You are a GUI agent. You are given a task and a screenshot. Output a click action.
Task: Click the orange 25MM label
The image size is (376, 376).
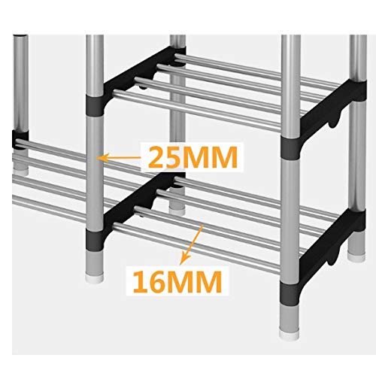click(193, 158)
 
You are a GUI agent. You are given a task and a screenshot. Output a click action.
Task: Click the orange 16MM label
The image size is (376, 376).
click(177, 282)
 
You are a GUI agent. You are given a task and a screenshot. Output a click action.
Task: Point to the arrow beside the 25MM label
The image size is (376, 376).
click(119, 158)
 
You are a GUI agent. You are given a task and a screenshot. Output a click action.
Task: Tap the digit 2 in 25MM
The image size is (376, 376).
click(156, 158)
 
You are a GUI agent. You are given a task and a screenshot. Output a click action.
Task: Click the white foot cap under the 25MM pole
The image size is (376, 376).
click(95, 277)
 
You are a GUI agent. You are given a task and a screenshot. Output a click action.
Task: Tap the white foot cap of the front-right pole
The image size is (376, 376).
click(290, 335)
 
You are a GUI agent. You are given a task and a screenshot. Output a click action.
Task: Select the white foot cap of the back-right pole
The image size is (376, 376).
click(356, 258)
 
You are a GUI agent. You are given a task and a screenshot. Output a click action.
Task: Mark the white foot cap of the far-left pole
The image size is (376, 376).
click(21, 173)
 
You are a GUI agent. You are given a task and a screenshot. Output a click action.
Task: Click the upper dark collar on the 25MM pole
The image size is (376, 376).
click(95, 105)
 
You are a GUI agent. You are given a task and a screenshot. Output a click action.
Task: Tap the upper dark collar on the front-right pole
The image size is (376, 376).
click(290, 147)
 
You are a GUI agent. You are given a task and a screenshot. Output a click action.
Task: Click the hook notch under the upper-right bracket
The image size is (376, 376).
click(333, 120)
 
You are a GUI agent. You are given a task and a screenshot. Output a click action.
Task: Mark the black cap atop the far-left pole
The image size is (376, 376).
click(20, 36)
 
